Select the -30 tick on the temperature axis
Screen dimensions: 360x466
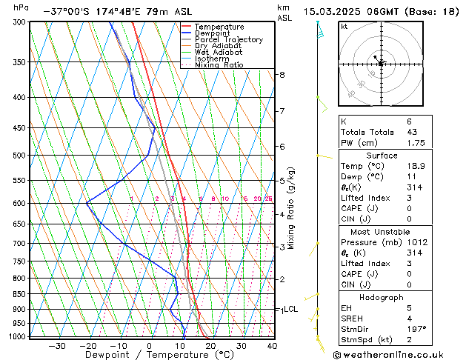pyautogui.click(x=57, y=346)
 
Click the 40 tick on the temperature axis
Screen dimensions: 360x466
pyautogui.click(x=272, y=346)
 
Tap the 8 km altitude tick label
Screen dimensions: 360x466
pyautogui.click(x=282, y=75)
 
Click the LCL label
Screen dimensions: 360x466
pyautogui.click(x=290, y=309)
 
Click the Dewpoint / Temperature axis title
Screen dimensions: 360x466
pyautogui.click(x=150, y=355)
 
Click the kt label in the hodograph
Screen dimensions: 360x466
pyautogui.click(x=344, y=26)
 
